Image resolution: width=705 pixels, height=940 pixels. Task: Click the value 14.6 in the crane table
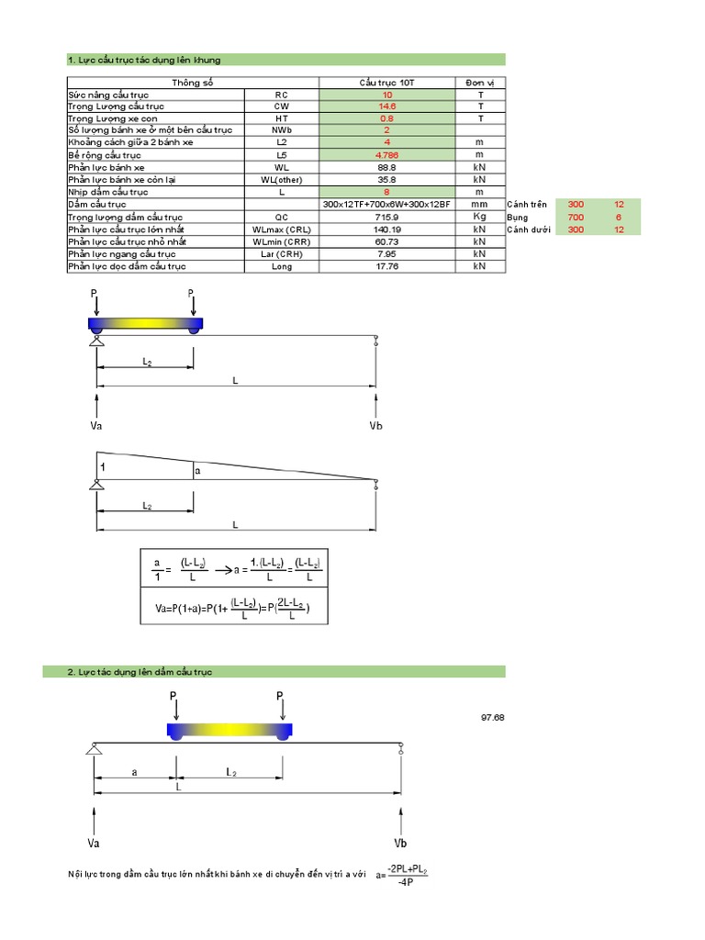point(386,106)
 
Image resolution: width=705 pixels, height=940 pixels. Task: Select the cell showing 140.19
point(386,229)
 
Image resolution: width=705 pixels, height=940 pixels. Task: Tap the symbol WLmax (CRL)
point(282,229)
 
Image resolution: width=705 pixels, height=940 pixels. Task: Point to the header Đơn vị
point(478,83)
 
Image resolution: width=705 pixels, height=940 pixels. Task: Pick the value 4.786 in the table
point(386,156)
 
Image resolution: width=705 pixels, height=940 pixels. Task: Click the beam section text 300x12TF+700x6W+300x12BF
point(386,205)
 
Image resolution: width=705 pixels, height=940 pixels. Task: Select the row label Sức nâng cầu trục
point(108,95)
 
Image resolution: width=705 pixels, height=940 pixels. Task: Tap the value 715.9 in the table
point(386,218)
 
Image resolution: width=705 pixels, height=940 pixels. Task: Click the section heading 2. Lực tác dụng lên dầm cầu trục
point(140,672)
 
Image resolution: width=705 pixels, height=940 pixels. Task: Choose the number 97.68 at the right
point(492,717)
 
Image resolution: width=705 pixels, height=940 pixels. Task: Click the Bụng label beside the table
point(519,218)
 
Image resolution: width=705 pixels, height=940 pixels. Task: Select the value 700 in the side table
point(576,218)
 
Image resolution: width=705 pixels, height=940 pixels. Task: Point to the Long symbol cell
point(282,267)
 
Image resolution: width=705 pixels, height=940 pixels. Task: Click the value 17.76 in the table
point(386,267)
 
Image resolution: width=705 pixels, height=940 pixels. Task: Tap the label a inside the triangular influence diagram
point(197,471)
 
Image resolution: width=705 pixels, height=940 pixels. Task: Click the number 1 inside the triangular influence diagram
point(103,467)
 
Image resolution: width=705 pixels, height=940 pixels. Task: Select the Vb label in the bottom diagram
point(400,843)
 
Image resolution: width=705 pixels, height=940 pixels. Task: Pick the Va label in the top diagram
point(96,426)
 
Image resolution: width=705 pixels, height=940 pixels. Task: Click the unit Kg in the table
point(478,218)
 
